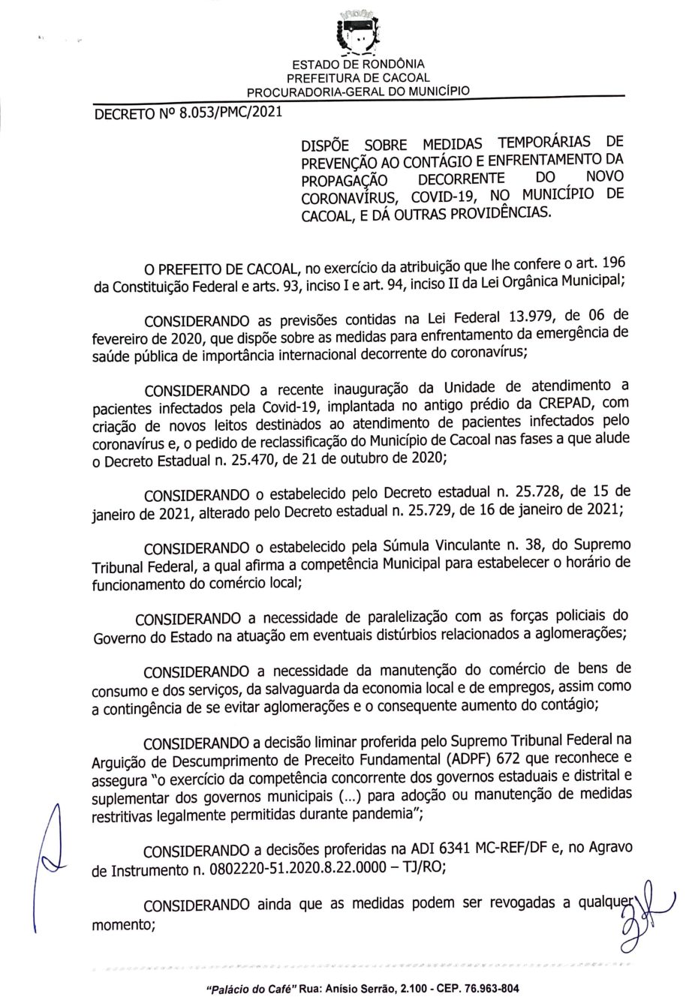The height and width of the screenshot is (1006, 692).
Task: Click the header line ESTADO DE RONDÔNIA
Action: click(x=358, y=65)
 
